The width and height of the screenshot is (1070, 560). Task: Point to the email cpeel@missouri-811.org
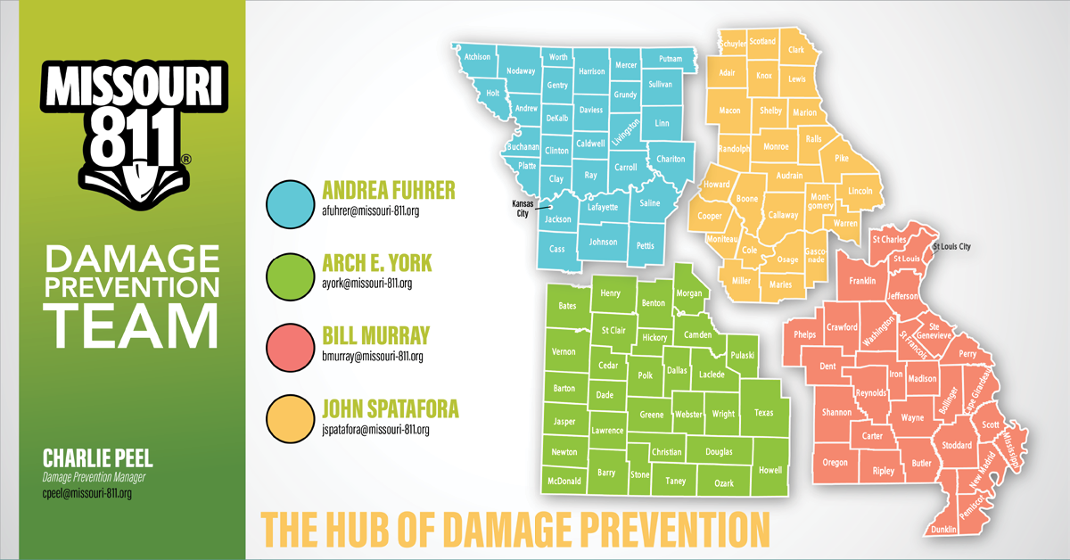pyautogui.click(x=87, y=492)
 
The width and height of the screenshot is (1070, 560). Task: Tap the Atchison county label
pyautogui.click(x=479, y=56)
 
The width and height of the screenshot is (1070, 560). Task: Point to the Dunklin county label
pyautogui.click(x=943, y=529)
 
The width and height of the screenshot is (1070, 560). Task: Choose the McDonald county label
pyautogui.click(x=564, y=482)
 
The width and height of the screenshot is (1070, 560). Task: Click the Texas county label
pyautogui.click(x=764, y=413)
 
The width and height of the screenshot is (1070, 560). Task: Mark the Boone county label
pyautogui.click(x=746, y=199)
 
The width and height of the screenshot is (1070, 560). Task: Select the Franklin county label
pyautogui.click(x=862, y=281)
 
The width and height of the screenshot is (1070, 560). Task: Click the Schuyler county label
pyautogui.click(x=732, y=44)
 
